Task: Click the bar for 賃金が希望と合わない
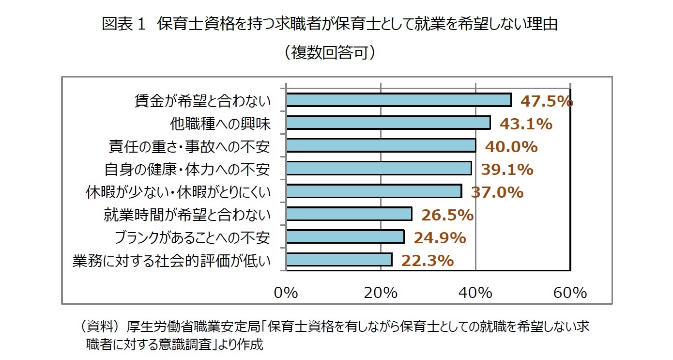click(x=398, y=100)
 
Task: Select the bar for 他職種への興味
click(x=388, y=123)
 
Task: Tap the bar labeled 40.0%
click(x=381, y=145)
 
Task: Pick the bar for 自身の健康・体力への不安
click(x=379, y=168)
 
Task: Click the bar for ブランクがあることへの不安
click(x=345, y=236)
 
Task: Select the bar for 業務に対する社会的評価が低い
click(x=339, y=260)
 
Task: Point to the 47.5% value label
click(x=547, y=101)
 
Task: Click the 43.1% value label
click(x=526, y=124)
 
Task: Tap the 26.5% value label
click(x=447, y=215)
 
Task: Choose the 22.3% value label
click(x=427, y=261)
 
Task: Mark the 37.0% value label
click(x=498, y=192)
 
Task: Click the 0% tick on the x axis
click(x=286, y=293)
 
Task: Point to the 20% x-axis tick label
click(x=381, y=293)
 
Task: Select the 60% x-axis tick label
click(x=570, y=293)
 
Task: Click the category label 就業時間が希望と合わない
click(x=186, y=215)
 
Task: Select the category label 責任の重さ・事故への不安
click(x=189, y=146)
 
